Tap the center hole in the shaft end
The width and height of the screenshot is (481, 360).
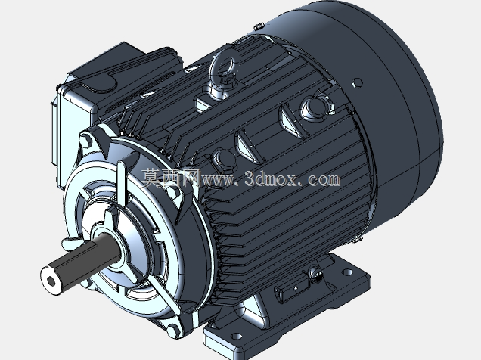click(51, 281)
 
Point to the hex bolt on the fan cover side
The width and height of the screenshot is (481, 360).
click(357, 82)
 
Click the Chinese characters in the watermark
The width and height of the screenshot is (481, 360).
click(171, 178)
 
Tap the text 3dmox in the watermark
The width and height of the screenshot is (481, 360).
click(270, 178)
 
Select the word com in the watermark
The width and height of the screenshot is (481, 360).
click(324, 179)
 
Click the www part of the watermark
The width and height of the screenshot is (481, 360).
click(218, 180)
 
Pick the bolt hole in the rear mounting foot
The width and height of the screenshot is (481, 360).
click(347, 272)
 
